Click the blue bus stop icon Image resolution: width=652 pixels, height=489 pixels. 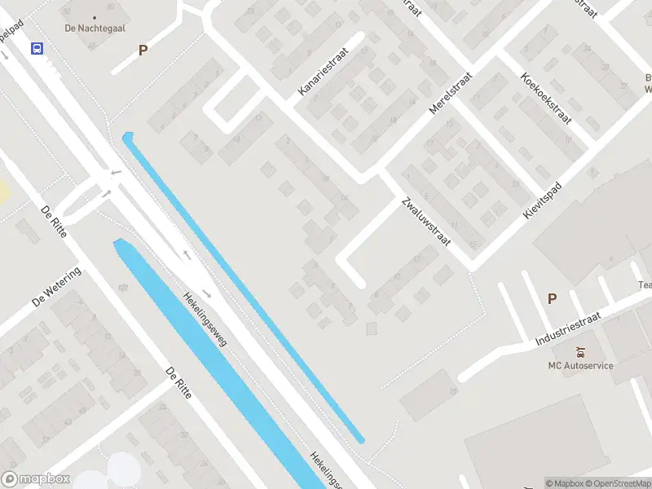click(37, 48)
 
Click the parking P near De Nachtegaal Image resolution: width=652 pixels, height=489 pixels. click(143, 50)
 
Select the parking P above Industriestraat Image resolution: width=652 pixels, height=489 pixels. click(552, 298)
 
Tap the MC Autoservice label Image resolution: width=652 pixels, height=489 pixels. click(580, 365)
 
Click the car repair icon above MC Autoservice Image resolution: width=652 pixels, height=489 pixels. click(580, 352)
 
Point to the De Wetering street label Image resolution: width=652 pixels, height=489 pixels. click(56, 286)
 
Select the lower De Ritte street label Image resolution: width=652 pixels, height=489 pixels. click(178, 382)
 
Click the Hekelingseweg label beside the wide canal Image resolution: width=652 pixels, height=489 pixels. click(205, 318)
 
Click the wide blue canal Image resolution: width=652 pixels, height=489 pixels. click(220, 367)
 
